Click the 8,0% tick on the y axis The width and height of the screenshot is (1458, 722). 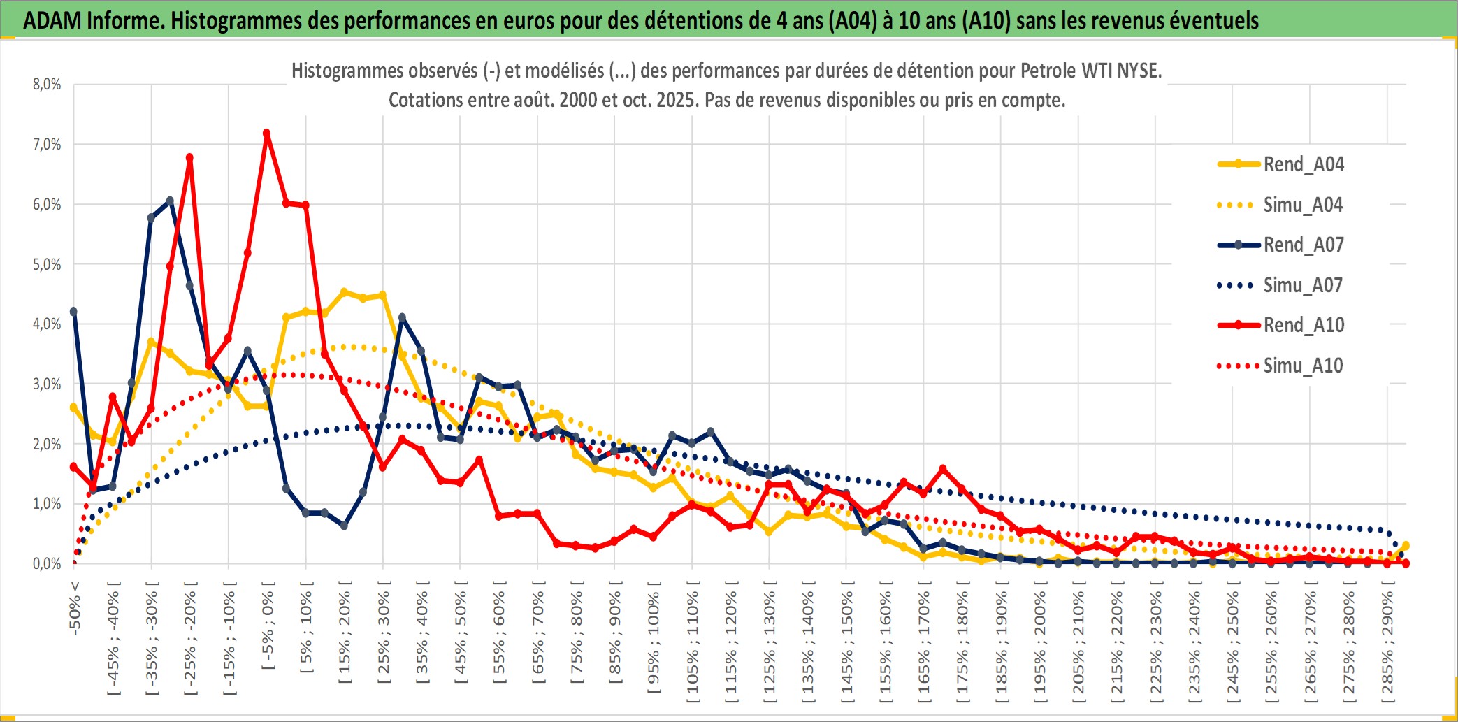pos(47,85)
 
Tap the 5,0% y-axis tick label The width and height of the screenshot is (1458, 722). pos(47,264)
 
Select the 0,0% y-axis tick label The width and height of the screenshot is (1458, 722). pos(47,563)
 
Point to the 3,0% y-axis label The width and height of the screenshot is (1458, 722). pos(47,384)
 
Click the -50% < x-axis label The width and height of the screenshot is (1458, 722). pos(75,608)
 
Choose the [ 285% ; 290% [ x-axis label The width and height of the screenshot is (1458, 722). pos(1387,647)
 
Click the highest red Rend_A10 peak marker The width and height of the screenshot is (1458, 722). pos(266,133)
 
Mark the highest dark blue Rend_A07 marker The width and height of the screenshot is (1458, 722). pos(170,201)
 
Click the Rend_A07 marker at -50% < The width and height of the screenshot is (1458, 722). pos(73,312)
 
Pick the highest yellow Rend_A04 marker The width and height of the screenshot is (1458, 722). pos(344,292)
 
